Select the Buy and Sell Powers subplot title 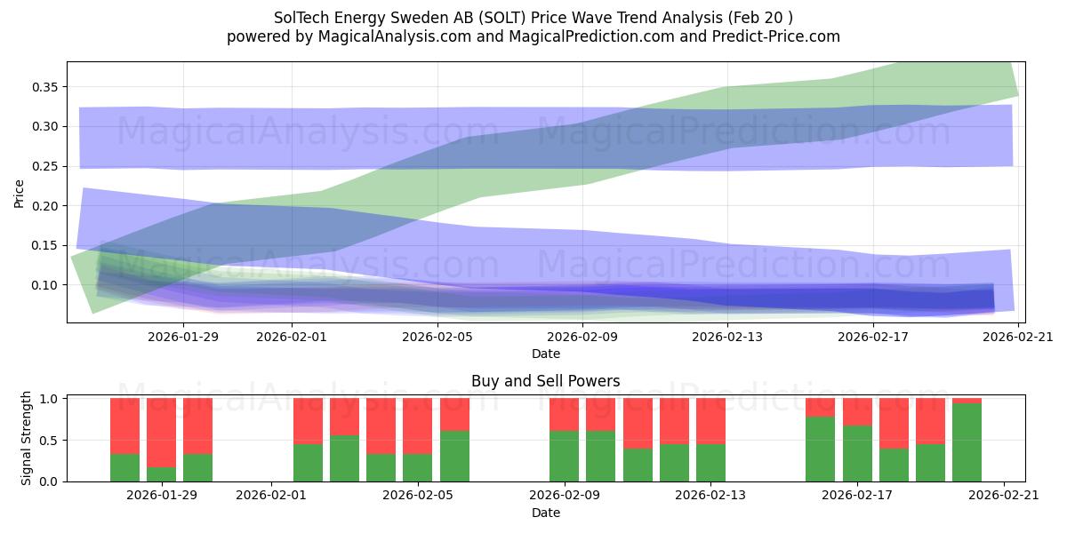click(x=545, y=381)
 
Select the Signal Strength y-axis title click(x=27, y=438)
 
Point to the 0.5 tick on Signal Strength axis click(x=50, y=441)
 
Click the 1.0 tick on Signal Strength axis click(x=50, y=399)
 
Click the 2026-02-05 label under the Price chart click(x=437, y=337)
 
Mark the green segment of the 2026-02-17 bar click(x=857, y=453)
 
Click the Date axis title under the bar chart click(x=545, y=513)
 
